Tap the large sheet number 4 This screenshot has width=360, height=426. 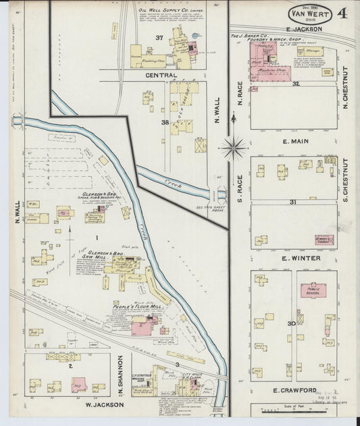(342, 13)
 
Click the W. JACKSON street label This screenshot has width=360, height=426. (105, 404)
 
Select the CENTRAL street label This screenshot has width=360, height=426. (161, 75)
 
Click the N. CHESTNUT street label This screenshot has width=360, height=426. (344, 88)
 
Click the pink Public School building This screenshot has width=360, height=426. (313, 290)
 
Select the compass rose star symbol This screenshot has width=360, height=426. (234, 145)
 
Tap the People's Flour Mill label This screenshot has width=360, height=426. (137, 307)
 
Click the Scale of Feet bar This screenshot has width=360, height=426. (300, 410)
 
